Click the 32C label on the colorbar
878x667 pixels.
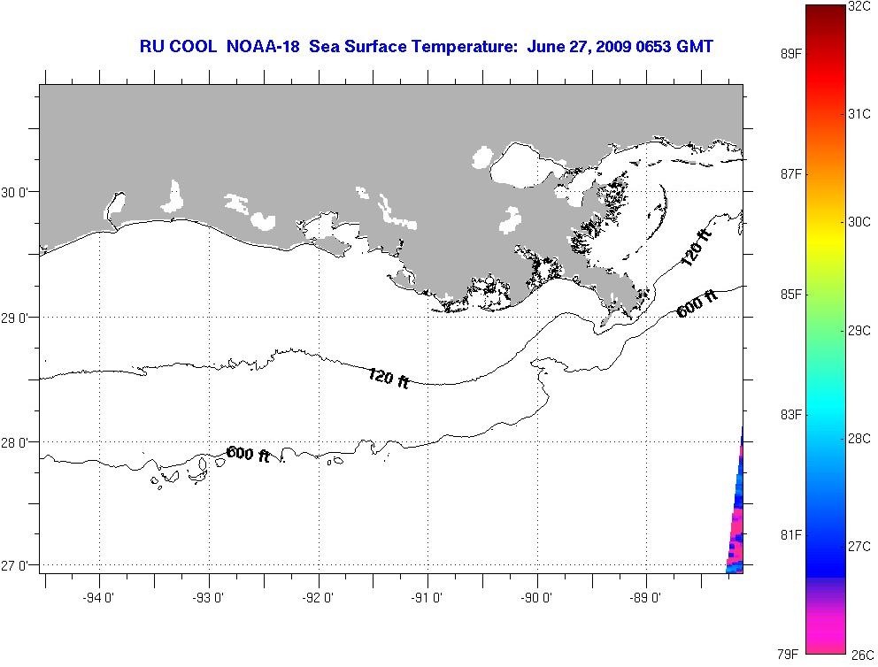coord(859,7)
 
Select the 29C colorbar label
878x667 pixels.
coord(859,330)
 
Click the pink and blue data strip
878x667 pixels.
coord(736,522)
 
